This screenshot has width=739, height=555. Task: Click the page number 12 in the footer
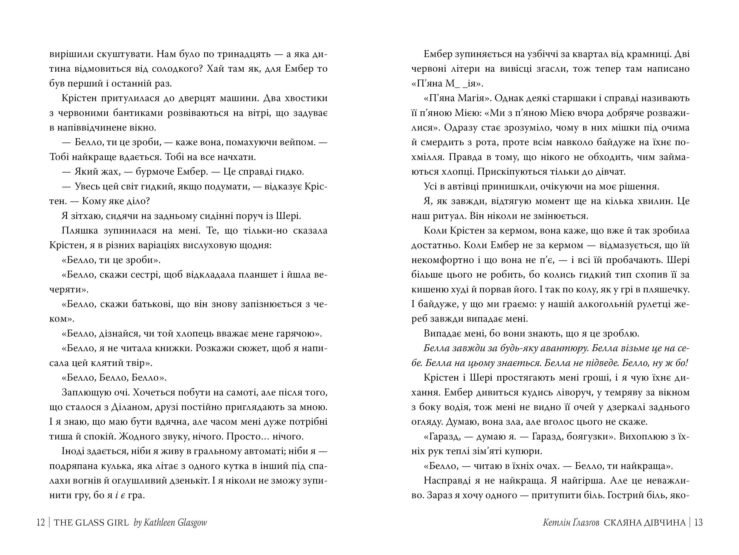(x=40, y=522)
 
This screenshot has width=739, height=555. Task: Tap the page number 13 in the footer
(x=698, y=522)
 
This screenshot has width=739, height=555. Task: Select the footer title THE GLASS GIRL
(x=91, y=522)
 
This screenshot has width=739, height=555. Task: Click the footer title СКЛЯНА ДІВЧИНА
(x=645, y=522)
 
